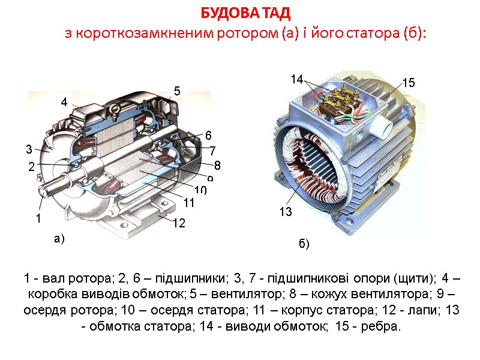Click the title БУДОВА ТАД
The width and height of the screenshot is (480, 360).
tap(245, 13)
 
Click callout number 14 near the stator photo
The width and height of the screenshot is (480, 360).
tap(297, 79)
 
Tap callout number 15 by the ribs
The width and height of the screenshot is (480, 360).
tap(409, 83)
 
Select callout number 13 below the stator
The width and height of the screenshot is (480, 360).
tap(286, 212)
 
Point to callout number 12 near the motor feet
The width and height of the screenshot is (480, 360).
tap(179, 223)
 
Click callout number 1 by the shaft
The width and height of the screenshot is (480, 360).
tap(38, 219)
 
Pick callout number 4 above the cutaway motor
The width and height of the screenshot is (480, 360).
tap(64, 103)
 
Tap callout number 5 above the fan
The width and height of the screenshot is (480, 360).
tap(177, 91)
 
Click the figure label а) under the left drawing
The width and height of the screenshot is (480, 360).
tap(58, 239)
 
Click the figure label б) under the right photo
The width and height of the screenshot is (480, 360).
tap(304, 245)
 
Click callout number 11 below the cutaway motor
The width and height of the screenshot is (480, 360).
tap(189, 203)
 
